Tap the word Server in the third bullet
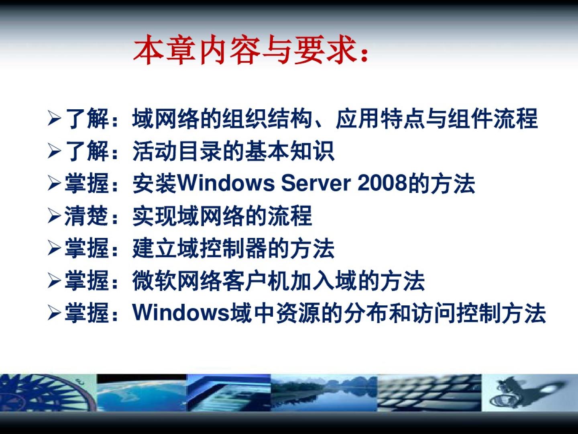tap(316, 183)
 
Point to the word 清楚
tap(86, 216)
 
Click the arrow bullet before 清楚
tap(54, 216)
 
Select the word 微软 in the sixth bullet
tap(154, 281)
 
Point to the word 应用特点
tap(380, 119)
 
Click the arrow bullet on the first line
tap(54, 119)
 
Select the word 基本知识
tap(290, 151)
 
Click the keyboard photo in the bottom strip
tap(429, 392)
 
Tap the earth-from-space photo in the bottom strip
tap(142, 392)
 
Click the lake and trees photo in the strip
tap(324, 392)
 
